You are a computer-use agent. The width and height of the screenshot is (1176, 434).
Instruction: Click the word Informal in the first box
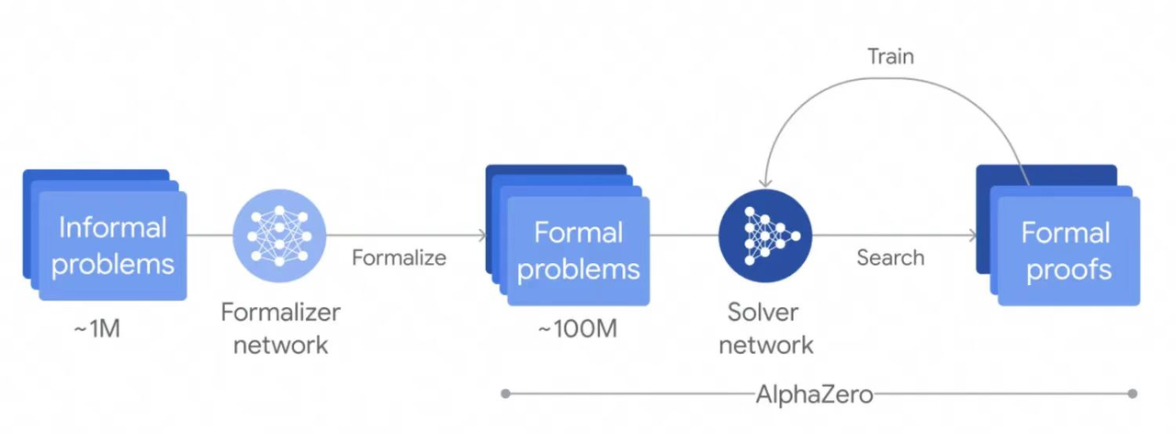(113, 227)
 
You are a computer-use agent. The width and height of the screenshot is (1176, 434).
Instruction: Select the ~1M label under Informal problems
(97, 328)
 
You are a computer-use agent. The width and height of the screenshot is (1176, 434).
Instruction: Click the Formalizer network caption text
(280, 328)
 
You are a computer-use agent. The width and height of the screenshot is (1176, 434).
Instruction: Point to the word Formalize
(399, 257)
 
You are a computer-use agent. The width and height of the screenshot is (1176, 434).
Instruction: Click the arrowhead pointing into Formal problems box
(482, 235)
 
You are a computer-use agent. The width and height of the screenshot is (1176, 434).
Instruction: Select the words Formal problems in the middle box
(578, 250)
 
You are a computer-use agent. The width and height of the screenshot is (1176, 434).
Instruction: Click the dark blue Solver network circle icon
(765, 235)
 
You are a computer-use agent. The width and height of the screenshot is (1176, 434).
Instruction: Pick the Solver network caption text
(765, 328)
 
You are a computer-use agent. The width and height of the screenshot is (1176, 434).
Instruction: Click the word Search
(889, 257)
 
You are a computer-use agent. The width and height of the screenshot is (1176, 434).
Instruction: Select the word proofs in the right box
(1069, 269)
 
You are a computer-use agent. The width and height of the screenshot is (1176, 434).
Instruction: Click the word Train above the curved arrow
(890, 56)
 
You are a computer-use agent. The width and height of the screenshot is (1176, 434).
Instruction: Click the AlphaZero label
(813, 394)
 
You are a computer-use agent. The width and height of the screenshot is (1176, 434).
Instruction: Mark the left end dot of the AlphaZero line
(505, 394)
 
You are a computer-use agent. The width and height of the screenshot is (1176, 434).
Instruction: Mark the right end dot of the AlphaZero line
(1132, 394)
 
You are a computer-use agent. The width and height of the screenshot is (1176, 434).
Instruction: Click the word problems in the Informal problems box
(113, 265)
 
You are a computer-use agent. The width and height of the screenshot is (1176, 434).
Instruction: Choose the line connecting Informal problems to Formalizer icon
(209, 235)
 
